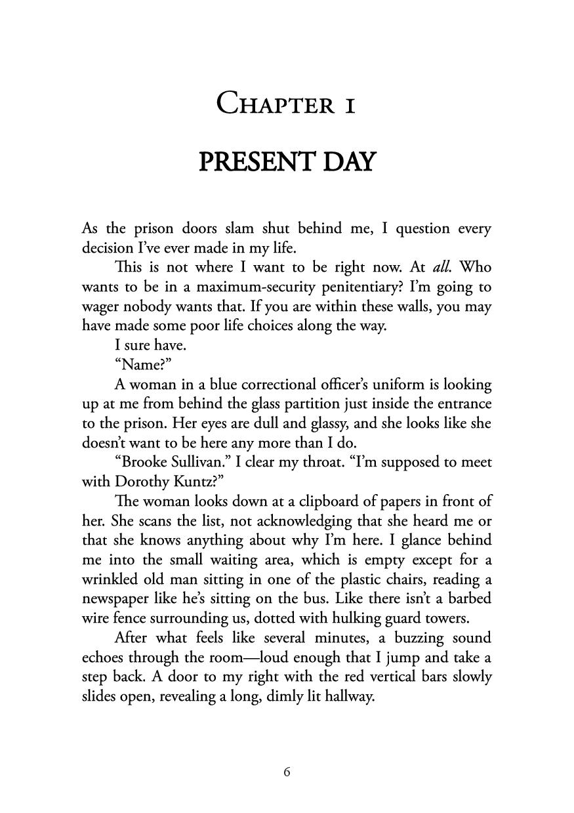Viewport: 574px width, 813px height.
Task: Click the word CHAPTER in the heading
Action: (275, 104)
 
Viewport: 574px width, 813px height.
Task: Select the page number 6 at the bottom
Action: (287, 772)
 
